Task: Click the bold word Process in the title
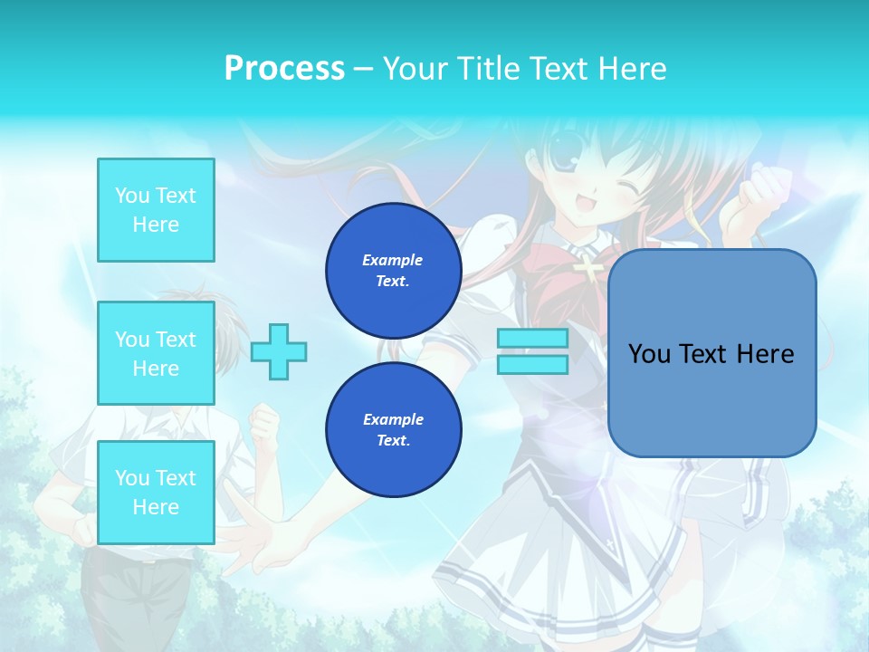[x=284, y=69]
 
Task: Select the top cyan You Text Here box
[x=156, y=210]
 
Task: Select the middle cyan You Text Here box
[x=156, y=353]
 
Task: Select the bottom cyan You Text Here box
[x=156, y=493]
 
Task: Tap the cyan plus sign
[x=279, y=351]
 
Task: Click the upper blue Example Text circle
[x=393, y=270]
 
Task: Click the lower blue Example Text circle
[x=393, y=429]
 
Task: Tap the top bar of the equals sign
[x=532, y=339]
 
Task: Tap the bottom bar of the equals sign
[x=532, y=364]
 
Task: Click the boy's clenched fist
[x=264, y=421]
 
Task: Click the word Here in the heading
[x=630, y=69]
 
